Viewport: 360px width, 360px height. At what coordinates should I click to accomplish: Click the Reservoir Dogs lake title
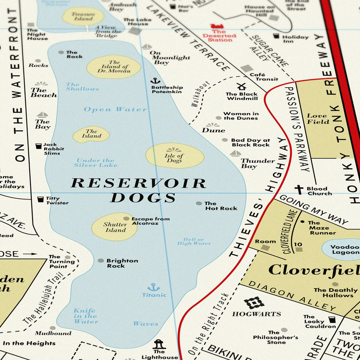pyautogui.click(x=138, y=190)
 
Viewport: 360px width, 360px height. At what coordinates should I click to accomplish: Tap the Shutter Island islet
pyautogui.click(x=115, y=227)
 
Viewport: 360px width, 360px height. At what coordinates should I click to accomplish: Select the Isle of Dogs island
pyautogui.click(x=174, y=156)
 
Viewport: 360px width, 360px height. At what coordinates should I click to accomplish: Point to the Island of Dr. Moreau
pyautogui.click(x=114, y=67)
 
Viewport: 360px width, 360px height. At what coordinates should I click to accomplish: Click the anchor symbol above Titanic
pyautogui.click(x=153, y=287)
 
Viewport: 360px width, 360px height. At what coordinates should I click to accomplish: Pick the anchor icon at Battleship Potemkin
pyautogui.click(x=155, y=80)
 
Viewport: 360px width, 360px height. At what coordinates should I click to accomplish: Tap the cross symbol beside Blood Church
pyautogui.click(x=299, y=190)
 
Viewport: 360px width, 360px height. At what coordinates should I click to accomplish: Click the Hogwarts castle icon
pyautogui.click(x=254, y=302)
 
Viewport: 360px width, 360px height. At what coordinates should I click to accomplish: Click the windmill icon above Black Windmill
pyautogui.click(x=241, y=86)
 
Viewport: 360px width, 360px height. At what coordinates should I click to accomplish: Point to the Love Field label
pyautogui.click(x=317, y=119)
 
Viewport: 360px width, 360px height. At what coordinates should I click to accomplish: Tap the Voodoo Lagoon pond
pyautogui.click(x=341, y=250)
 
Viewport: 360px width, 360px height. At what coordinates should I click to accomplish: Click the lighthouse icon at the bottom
pyautogui.click(x=159, y=343)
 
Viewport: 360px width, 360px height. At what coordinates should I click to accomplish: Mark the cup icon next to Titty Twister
pyautogui.click(x=40, y=199)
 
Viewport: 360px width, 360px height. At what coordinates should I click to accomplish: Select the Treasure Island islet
pyautogui.click(x=83, y=17)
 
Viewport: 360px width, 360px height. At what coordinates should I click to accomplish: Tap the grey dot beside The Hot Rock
pyautogui.click(x=199, y=203)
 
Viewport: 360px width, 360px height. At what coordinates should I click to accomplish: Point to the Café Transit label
pyautogui.click(x=263, y=77)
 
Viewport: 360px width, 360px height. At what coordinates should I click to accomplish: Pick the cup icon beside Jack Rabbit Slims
pyautogui.click(x=39, y=146)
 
